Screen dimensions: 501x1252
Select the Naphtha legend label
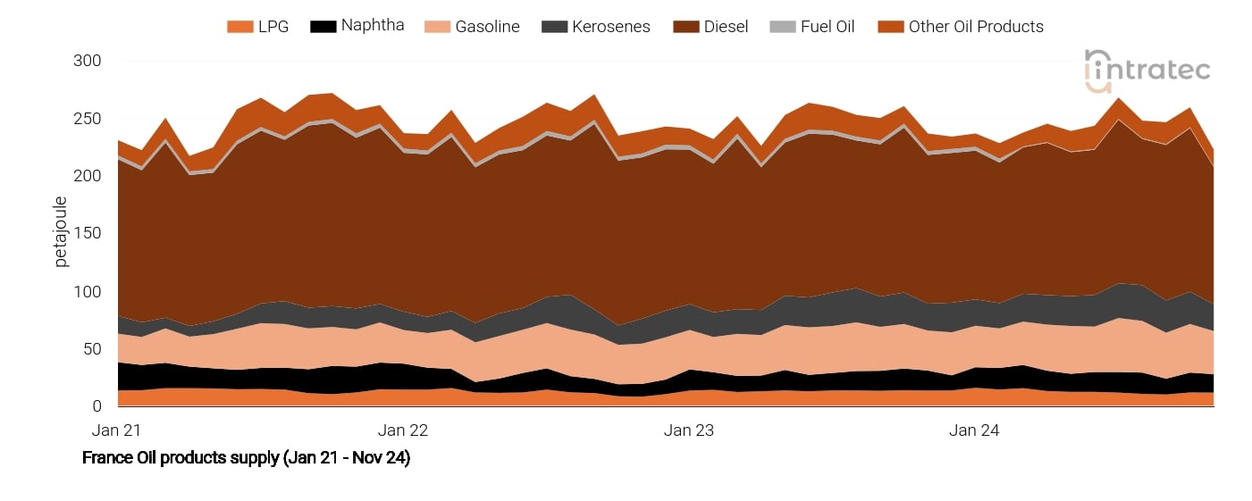coord(373,26)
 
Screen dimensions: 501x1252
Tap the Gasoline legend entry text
coord(487,27)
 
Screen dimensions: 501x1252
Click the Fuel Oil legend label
coord(827,27)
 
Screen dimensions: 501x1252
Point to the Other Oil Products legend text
coord(976,27)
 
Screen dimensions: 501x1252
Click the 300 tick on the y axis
coord(88,61)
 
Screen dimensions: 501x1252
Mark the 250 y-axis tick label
coord(88,119)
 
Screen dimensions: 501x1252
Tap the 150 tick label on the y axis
coord(88,234)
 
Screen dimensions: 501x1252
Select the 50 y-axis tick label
coord(92,349)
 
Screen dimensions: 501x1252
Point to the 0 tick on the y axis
coord(97,406)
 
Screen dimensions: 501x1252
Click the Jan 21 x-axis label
coord(117,430)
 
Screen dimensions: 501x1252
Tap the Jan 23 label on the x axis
coord(689,430)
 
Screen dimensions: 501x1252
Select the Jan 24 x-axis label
coord(974,430)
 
